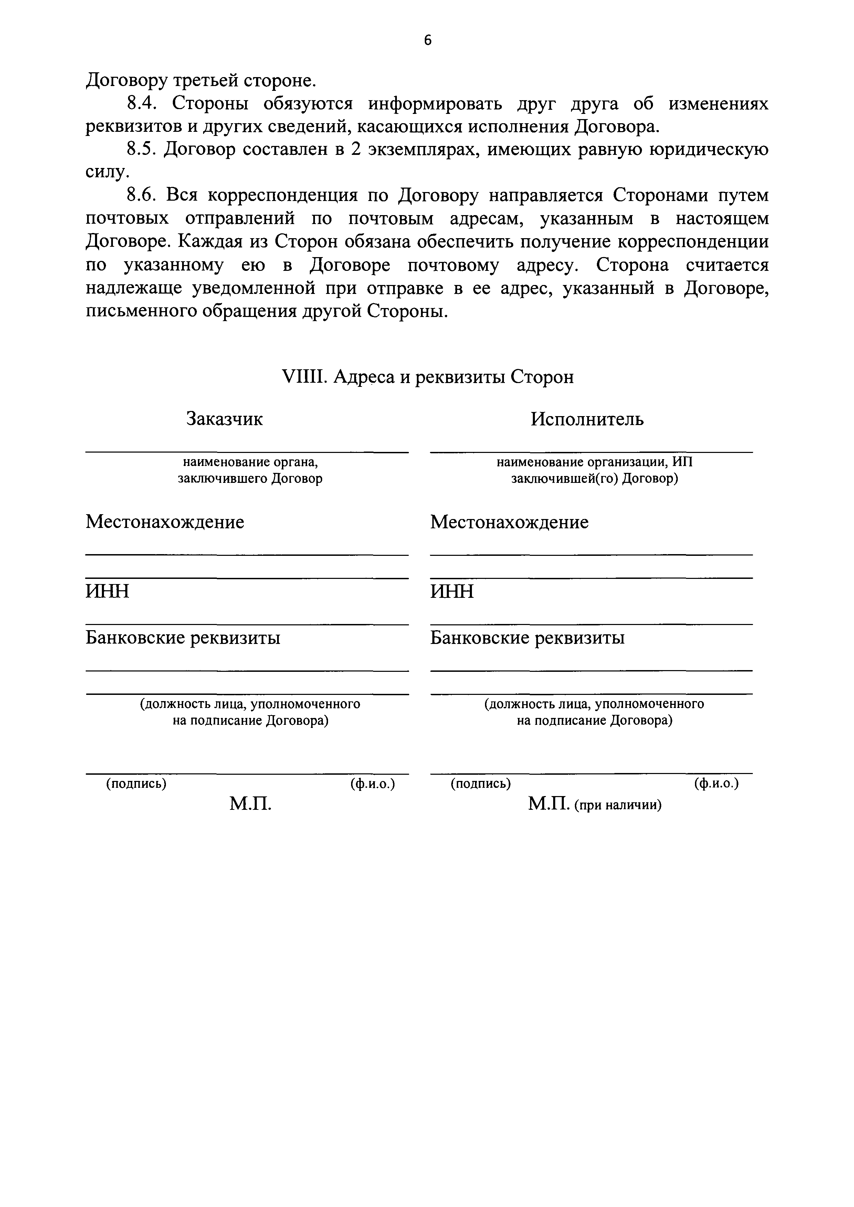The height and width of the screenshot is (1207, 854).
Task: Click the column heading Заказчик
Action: click(224, 419)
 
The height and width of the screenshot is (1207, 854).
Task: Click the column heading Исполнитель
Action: click(587, 419)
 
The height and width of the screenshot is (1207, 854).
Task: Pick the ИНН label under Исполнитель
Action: click(452, 591)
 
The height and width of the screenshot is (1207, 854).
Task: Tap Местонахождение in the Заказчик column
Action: click(165, 522)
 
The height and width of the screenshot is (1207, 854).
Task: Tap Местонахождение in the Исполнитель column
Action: click(509, 522)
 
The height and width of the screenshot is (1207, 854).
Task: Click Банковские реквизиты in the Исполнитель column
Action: click(527, 638)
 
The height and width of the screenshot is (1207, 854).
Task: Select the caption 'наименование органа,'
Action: click(250, 462)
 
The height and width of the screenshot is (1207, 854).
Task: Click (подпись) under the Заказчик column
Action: click(136, 784)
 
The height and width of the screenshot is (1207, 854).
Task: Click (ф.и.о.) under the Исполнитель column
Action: click(716, 784)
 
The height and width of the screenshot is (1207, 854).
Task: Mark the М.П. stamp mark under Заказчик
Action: click(250, 804)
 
